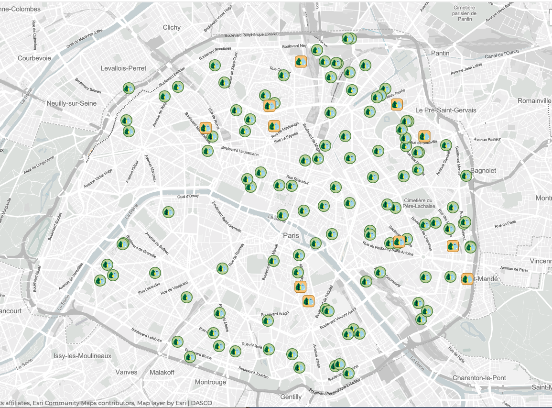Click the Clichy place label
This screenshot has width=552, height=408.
(172, 27)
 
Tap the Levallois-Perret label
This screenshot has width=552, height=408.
(123, 68)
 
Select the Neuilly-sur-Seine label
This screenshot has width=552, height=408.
(72, 103)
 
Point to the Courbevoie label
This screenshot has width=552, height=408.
(34, 58)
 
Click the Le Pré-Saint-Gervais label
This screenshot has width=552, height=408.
(445, 110)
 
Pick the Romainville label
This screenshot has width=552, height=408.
(534, 101)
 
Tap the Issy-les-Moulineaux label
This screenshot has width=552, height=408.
(82, 356)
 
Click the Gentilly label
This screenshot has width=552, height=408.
(291, 397)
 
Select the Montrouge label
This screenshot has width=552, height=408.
(210, 382)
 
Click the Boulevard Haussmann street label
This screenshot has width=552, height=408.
(240, 151)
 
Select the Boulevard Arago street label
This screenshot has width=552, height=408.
(275, 317)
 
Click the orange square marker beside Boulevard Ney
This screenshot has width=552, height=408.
(301, 62)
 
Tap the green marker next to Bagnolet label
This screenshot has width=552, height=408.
(466, 176)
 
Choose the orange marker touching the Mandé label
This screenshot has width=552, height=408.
(467, 279)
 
